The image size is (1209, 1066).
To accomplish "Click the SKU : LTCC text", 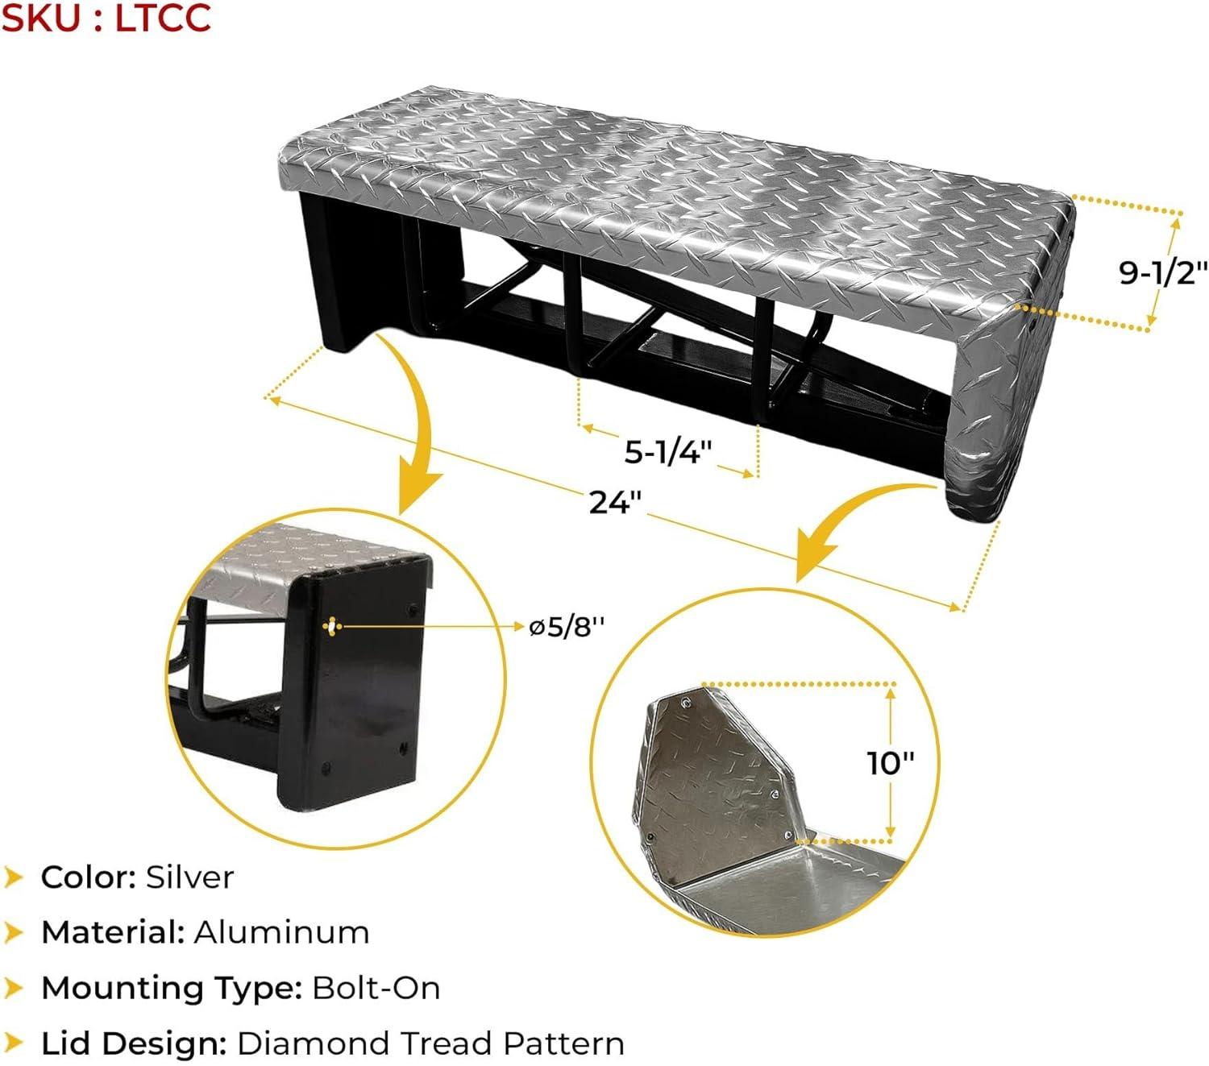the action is pyautogui.click(x=106, y=18).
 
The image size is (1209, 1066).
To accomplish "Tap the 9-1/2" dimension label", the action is pyautogui.click(x=1155, y=272).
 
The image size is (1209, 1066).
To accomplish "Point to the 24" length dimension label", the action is pyautogui.click(x=615, y=502).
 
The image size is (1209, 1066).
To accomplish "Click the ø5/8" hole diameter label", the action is pyautogui.click(x=567, y=626).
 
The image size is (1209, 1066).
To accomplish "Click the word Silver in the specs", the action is pyautogui.click(x=189, y=877).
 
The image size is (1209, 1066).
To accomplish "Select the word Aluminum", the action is pyautogui.click(x=281, y=932).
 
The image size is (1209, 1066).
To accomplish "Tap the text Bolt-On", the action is pyautogui.click(x=376, y=988).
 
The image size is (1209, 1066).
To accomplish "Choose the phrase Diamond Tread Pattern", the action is pyautogui.click(x=431, y=1043).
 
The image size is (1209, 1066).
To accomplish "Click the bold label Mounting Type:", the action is pyautogui.click(x=172, y=989).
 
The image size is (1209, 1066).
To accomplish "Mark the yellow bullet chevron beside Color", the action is pyautogui.click(x=13, y=877).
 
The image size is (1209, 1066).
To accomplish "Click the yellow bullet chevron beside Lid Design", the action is pyautogui.click(x=13, y=1043).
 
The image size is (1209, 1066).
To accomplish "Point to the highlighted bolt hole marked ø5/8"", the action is pyautogui.click(x=332, y=626).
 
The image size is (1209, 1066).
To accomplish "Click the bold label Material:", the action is pyautogui.click(x=113, y=932).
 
